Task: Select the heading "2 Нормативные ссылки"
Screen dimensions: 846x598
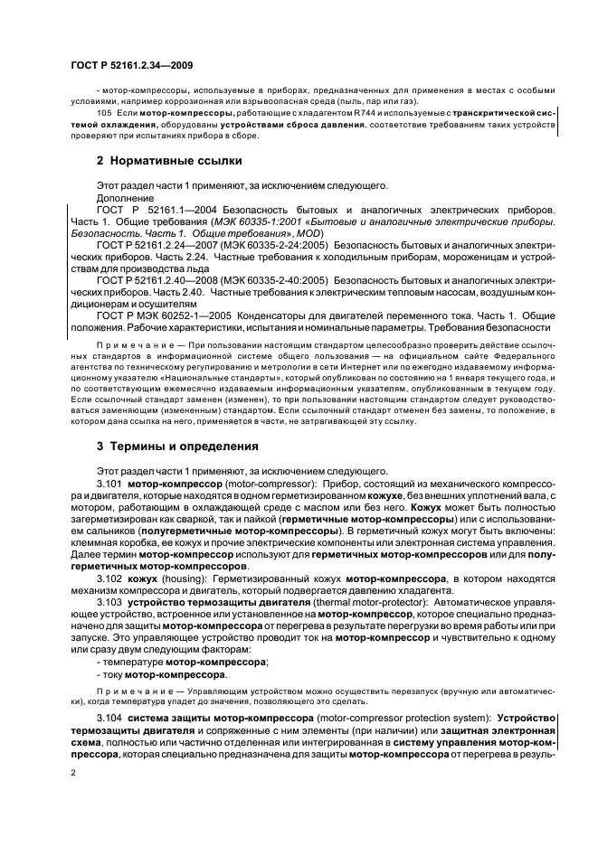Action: [171, 162]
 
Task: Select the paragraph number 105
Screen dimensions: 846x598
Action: [103, 112]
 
